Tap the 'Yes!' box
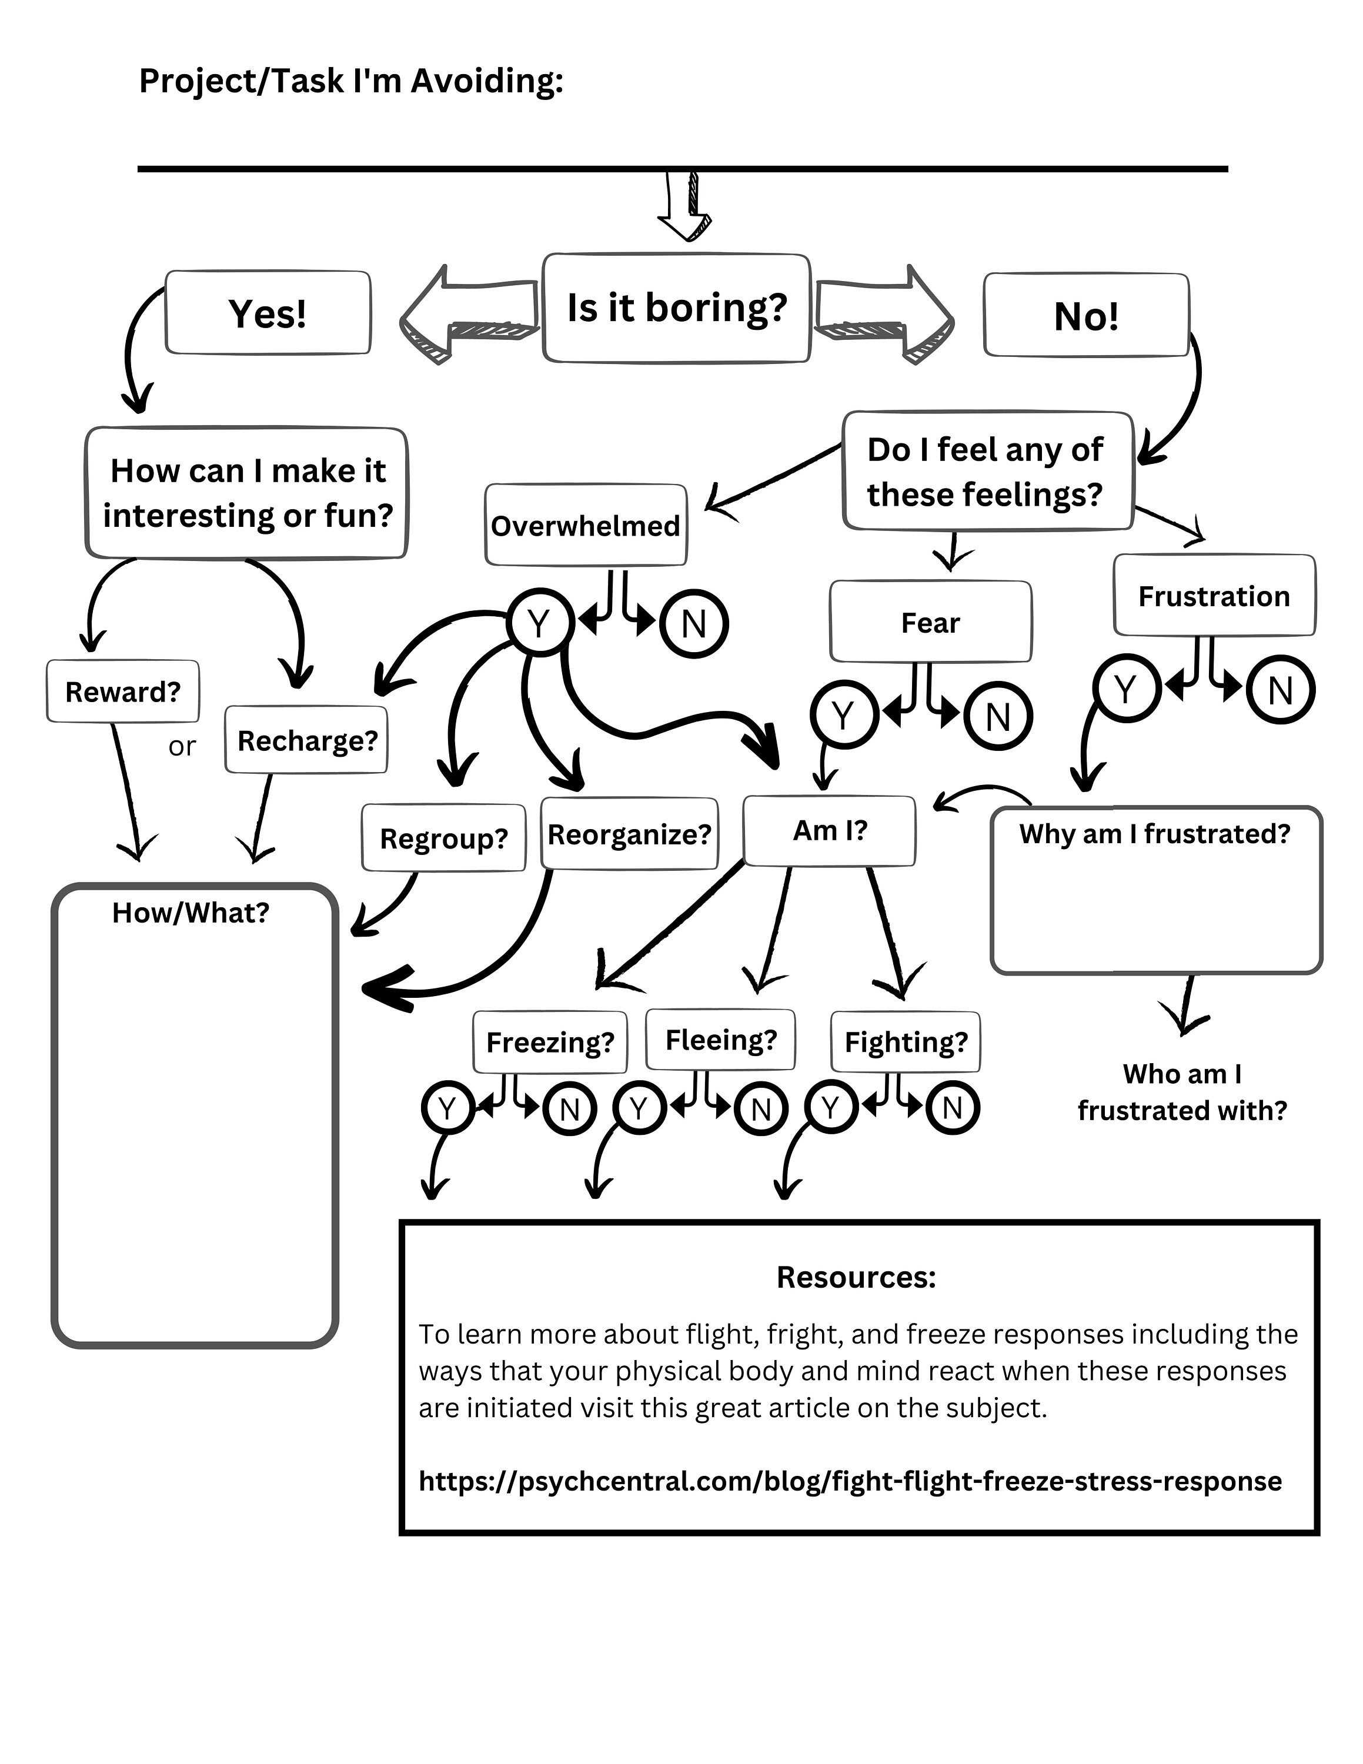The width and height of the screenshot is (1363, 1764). tap(268, 313)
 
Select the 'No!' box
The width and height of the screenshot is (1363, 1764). tap(1085, 315)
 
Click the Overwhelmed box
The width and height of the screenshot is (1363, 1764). tap(586, 525)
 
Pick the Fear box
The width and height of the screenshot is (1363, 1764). tap(930, 622)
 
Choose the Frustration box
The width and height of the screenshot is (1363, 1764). tap(1214, 595)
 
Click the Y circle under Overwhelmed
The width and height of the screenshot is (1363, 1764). tap(539, 623)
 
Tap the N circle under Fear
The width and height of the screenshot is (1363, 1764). tap(998, 716)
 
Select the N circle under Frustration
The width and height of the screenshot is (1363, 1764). tap(1280, 690)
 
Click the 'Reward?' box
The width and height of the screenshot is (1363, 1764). tap(123, 691)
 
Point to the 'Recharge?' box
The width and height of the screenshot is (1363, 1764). tap(307, 740)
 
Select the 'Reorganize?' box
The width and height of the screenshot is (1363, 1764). tap(629, 834)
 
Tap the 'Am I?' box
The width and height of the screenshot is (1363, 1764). tap(829, 830)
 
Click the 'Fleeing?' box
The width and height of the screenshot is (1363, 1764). tap(720, 1040)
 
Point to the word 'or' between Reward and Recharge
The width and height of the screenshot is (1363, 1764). tap(182, 746)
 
